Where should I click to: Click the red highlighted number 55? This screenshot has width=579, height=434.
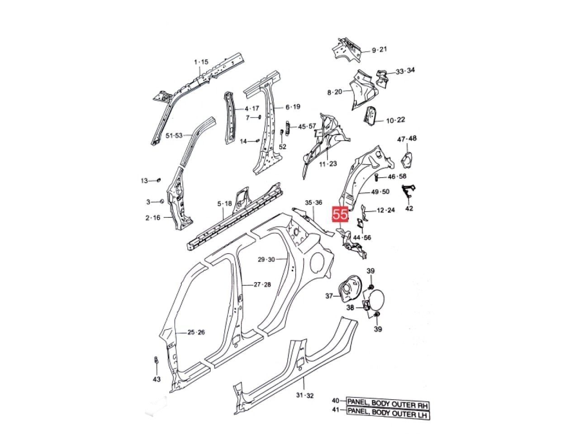[340, 214]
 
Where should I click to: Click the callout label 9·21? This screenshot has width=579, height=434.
[380, 50]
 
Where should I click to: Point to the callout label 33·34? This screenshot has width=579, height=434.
[405, 71]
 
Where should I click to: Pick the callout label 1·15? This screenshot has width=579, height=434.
[201, 62]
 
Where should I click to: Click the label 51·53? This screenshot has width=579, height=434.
[174, 136]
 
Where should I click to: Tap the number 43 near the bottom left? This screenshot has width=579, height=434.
[157, 379]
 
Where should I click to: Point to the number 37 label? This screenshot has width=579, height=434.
[329, 296]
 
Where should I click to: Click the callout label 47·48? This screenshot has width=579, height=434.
[407, 139]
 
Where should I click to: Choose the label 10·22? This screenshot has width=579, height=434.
[395, 120]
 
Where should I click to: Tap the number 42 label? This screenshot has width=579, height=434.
[409, 208]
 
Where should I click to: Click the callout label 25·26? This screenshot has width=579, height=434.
[196, 332]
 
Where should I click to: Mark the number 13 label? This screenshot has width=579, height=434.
[144, 181]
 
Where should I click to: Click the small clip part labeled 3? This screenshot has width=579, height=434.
[162, 202]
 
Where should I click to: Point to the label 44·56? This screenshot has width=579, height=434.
[362, 237]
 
